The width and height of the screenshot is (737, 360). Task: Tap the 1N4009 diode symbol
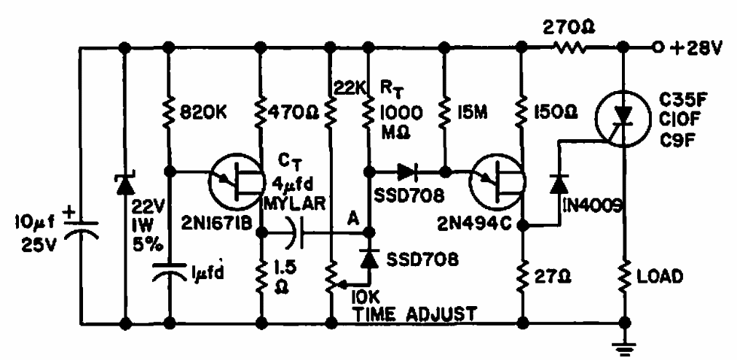[x=559, y=184]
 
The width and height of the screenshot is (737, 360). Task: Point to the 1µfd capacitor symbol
[x=169, y=273]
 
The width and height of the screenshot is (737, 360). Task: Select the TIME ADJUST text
[x=416, y=314]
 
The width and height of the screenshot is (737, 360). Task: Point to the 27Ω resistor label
[x=550, y=278]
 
